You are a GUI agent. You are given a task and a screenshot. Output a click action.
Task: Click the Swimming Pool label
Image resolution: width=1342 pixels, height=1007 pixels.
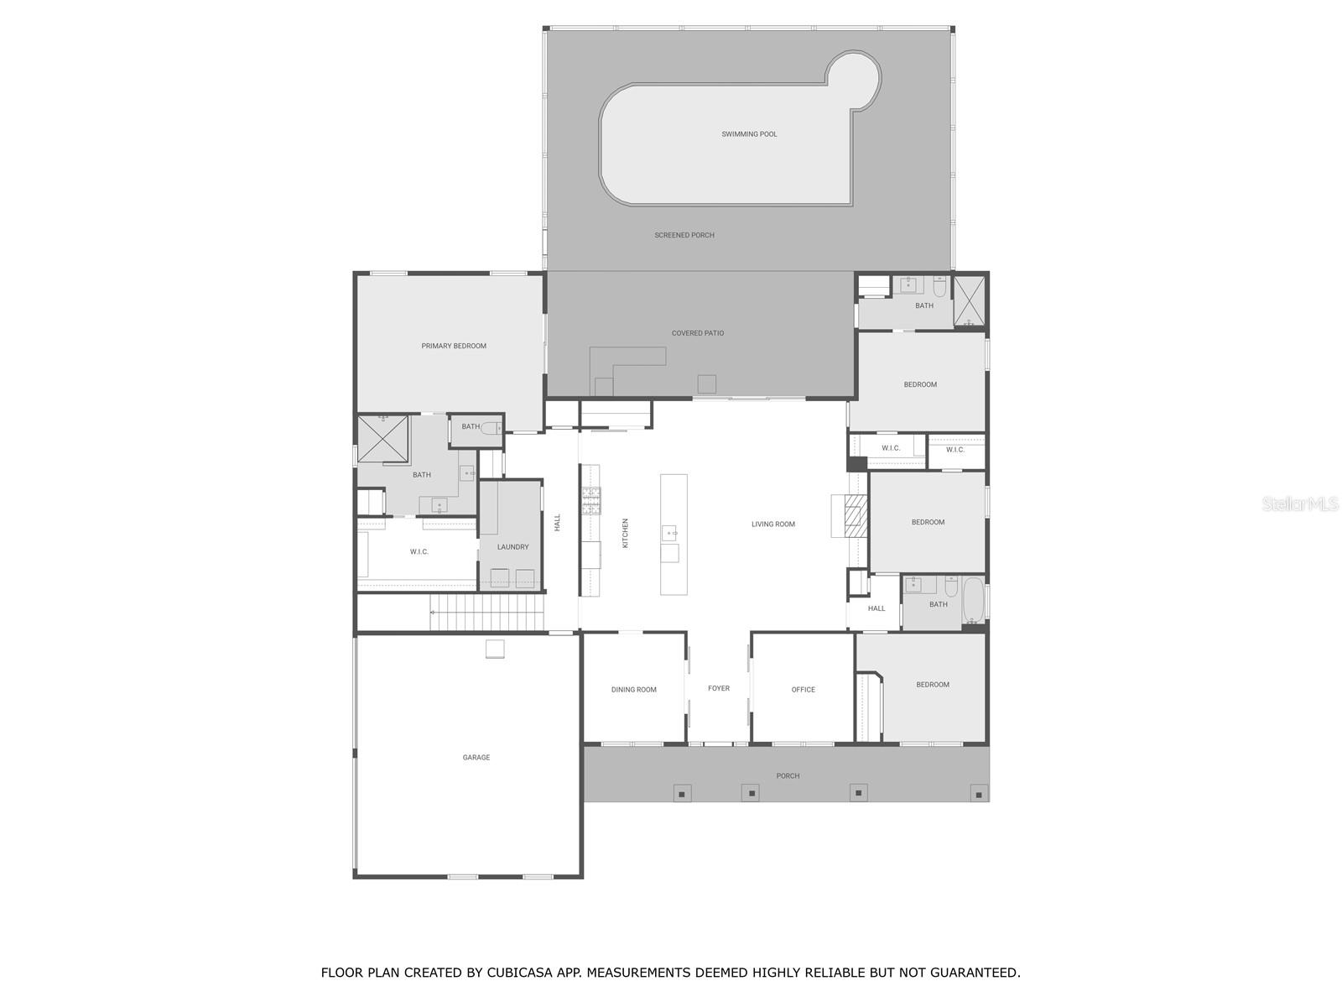749,134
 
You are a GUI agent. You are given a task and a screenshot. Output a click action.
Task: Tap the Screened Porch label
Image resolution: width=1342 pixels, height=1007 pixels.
684,236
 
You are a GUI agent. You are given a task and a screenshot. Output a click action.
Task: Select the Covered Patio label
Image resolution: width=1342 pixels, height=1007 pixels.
697,333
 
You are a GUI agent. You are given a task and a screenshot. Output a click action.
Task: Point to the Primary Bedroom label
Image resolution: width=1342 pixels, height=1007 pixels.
453,346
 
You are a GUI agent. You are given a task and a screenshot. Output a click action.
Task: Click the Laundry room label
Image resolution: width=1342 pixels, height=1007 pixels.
512,547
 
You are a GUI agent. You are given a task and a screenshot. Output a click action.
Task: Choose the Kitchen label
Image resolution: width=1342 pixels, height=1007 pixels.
625,533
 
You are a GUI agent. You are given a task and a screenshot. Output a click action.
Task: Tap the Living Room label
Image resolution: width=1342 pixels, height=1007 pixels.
772,524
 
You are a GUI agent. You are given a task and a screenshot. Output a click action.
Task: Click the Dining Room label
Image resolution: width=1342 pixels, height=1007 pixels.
633,690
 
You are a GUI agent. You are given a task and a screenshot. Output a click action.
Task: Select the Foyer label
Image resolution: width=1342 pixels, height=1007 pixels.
718,689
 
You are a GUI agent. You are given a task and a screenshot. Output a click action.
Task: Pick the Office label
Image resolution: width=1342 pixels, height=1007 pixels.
803,690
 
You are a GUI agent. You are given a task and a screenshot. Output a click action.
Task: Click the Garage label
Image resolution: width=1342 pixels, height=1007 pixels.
476,758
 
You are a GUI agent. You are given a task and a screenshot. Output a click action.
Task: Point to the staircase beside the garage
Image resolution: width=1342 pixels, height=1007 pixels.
486,612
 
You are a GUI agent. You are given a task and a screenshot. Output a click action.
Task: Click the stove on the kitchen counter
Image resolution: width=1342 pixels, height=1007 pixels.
591,500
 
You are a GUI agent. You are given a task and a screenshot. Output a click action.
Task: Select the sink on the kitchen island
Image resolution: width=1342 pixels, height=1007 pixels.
669,533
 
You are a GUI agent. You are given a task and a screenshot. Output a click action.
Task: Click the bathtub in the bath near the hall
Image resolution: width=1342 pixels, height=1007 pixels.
973,601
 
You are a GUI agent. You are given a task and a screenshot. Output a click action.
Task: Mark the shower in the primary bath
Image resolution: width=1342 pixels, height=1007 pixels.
383,438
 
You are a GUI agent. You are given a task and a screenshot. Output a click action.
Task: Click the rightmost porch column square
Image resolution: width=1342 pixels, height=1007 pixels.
977,793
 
